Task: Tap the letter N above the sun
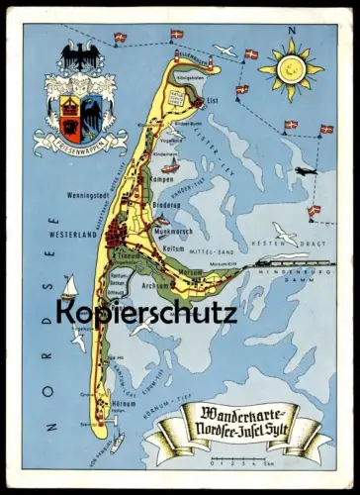point(292,30)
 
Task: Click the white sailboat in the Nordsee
point(69,288)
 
